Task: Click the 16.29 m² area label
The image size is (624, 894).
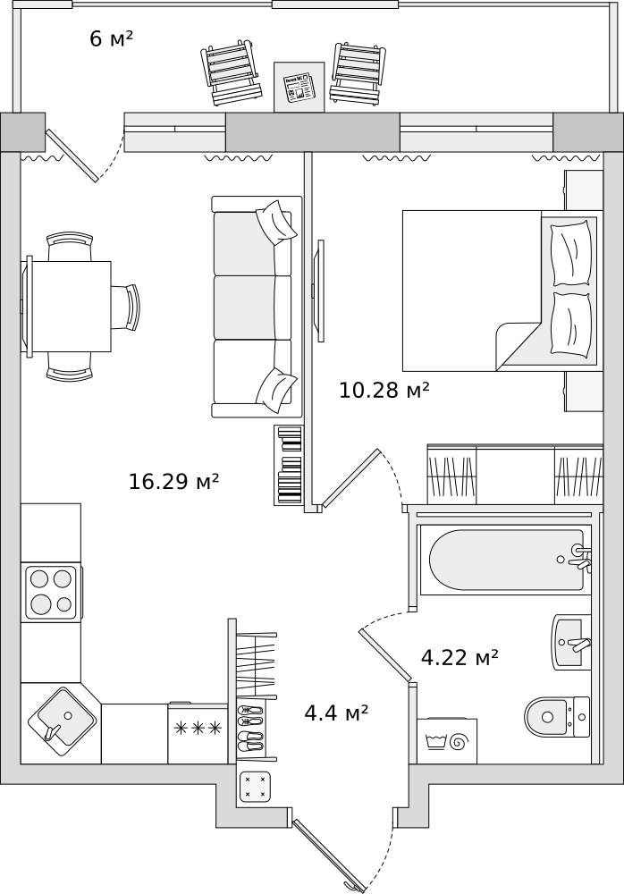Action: click(173, 482)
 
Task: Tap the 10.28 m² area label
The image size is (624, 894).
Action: click(384, 390)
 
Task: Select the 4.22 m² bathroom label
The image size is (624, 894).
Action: click(460, 658)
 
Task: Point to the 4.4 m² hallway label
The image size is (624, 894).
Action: click(336, 713)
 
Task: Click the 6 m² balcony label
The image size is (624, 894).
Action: click(111, 38)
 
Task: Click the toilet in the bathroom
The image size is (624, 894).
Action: click(555, 716)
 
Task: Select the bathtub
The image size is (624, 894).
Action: click(506, 561)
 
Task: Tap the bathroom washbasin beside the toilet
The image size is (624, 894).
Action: click(571, 642)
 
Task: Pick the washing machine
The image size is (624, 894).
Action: click(447, 741)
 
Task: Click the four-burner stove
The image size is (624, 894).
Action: click(51, 592)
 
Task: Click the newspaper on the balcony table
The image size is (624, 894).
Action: click(299, 87)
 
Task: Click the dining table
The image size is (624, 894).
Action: click(72, 306)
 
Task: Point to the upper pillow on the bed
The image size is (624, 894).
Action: click(570, 254)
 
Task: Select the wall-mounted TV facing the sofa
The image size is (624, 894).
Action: click(317, 291)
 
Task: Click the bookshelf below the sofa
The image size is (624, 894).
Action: click(289, 465)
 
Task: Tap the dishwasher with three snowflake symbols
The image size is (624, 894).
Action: click(198, 733)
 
